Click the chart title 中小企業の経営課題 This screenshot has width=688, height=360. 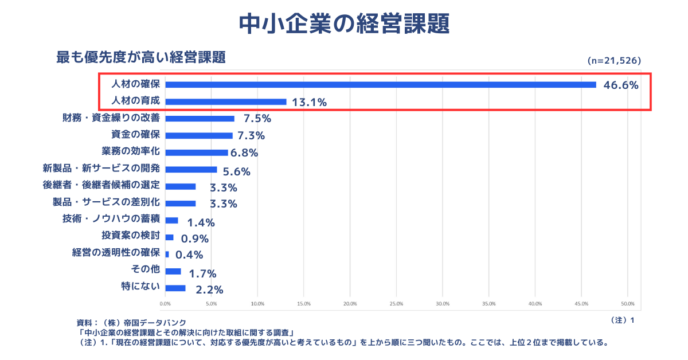point(343,24)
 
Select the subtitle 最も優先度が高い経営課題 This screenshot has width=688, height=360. point(140,57)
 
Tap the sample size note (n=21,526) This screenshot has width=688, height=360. point(614,60)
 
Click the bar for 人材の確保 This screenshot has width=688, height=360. point(380,85)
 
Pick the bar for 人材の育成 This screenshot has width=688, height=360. point(225,102)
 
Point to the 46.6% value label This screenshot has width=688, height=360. point(621,86)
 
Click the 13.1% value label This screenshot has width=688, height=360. point(309,103)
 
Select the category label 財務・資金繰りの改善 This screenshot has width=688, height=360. point(111,118)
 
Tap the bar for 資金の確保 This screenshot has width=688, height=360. point(198,135)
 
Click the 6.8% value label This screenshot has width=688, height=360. point(244,153)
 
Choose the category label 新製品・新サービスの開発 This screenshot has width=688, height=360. point(101,169)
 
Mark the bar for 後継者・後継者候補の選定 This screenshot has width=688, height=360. point(180,186)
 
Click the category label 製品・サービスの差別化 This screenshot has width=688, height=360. point(106,202)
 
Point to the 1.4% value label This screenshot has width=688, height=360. point(201,222)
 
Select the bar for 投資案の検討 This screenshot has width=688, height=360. point(169,237)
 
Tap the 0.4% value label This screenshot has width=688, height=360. point(189,255)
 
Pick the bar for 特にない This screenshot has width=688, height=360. point(175,288)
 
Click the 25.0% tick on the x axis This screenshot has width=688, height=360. point(396,304)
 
